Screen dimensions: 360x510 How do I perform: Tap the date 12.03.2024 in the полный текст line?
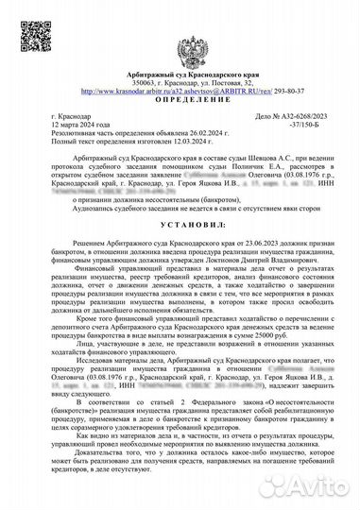pyautogui.click(x=197, y=141)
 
